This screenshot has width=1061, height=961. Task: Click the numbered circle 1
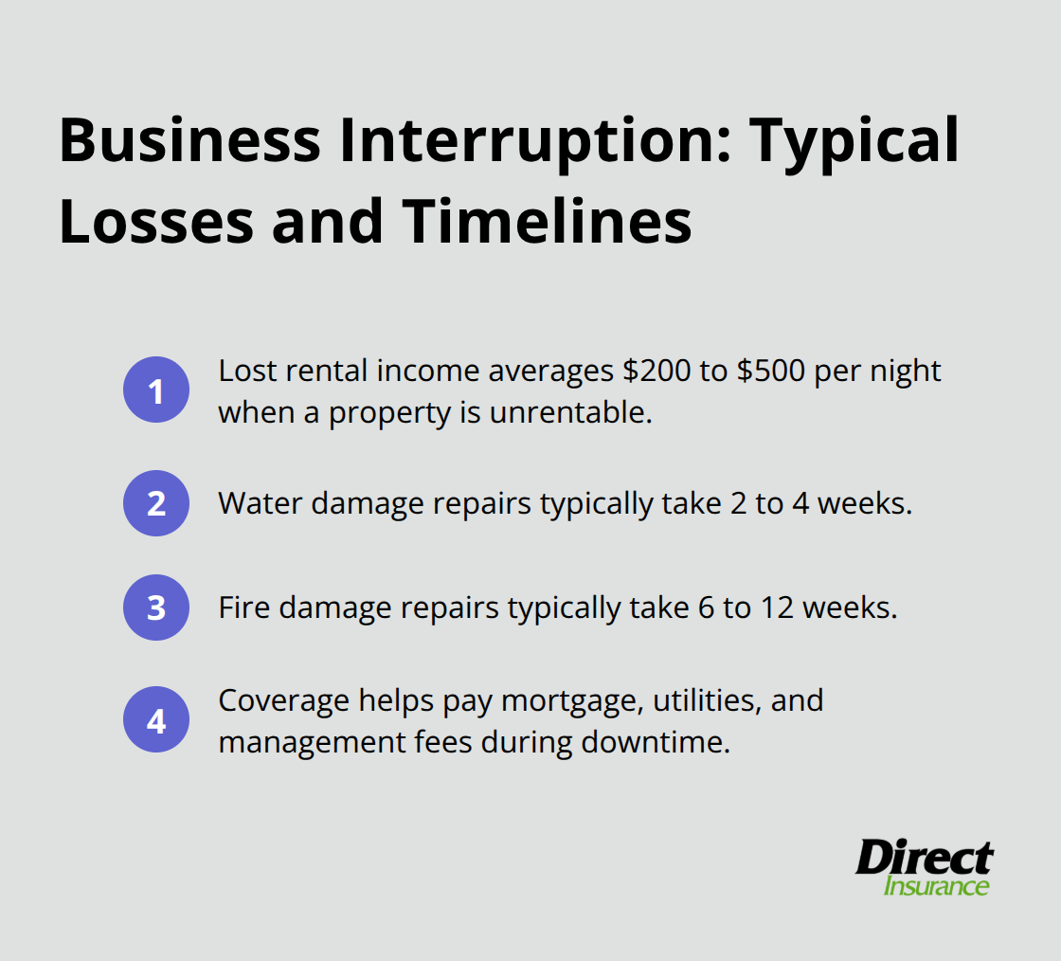click(x=156, y=390)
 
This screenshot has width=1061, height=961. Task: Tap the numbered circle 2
click(x=156, y=503)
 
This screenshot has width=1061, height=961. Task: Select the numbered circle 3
click(x=156, y=607)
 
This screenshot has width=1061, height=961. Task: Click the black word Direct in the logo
click(x=924, y=858)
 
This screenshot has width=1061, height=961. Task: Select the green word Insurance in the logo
click(x=936, y=887)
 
